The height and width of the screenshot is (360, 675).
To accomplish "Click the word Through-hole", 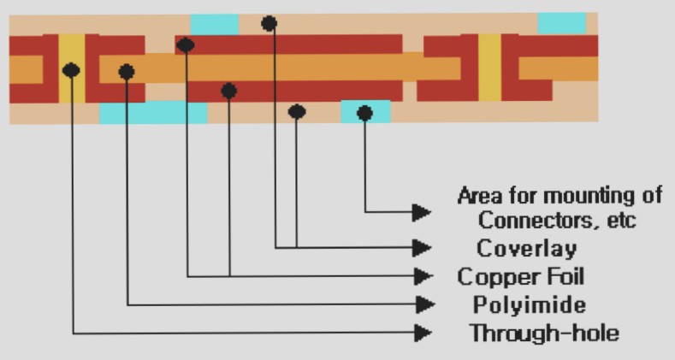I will tap(543, 332).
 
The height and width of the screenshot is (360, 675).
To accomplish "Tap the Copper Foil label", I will tap(522, 276).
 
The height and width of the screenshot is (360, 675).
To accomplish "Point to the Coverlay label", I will tap(526, 248).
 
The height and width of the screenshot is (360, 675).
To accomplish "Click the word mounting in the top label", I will tap(582, 194).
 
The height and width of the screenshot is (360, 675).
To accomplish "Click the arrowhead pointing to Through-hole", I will tap(422, 332).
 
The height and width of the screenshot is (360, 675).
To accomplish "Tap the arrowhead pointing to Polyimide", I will tap(422, 304).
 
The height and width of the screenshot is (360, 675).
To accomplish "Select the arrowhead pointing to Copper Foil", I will tap(422, 275).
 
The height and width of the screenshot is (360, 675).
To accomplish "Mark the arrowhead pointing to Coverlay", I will tap(422, 247).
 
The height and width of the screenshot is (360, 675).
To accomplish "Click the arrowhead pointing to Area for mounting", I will tap(422, 210).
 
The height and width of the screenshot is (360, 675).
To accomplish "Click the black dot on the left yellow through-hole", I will tap(72, 70).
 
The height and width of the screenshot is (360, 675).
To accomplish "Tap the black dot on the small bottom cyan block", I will tap(364, 112).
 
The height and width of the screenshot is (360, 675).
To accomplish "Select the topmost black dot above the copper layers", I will tap(269, 23).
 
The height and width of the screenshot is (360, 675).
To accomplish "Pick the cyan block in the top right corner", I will tap(562, 23).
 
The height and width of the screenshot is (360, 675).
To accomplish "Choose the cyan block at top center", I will tap(215, 24).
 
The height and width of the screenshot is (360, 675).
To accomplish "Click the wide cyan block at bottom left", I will tap(153, 112).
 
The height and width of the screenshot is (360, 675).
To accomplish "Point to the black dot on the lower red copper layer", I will tap(228, 90).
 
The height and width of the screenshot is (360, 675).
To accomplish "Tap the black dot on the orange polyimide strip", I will tap(127, 71).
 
